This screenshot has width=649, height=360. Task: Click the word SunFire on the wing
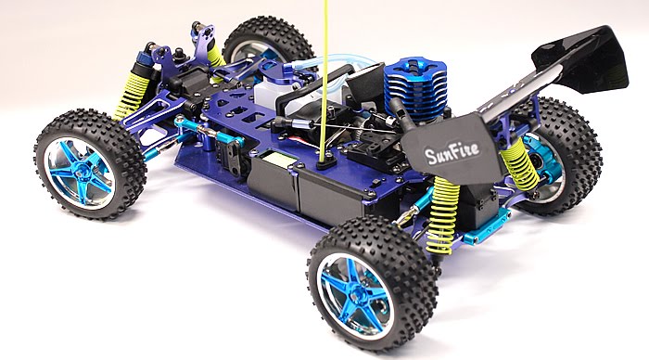coord(452,152)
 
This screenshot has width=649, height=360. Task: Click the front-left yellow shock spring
coord(132,96)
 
